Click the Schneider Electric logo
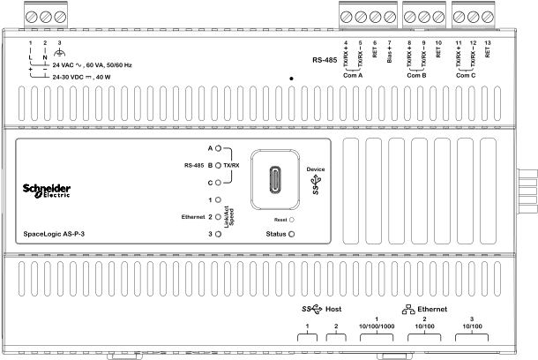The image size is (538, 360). click(x=47, y=191)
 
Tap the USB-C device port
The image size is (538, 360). click(x=275, y=179)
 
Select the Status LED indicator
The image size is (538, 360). click(x=291, y=234)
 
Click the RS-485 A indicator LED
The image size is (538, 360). click(x=218, y=148)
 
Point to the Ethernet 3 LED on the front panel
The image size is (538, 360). click(x=218, y=234)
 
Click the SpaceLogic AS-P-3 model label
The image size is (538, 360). click(x=54, y=234)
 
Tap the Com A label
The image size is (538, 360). click(x=353, y=76)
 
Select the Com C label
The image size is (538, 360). click(x=466, y=76)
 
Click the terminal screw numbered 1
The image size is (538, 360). click(x=31, y=17)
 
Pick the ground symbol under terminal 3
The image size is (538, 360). click(x=60, y=53)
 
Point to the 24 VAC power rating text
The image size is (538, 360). click(x=92, y=65)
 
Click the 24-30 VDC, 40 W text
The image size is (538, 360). click(x=81, y=78)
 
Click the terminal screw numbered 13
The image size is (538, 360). click(x=488, y=17)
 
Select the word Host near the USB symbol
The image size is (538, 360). click(x=333, y=309)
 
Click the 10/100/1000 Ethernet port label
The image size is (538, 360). click(x=377, y=326)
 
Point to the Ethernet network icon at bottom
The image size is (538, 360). click(x=408, y=310)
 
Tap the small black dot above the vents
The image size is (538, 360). click(x=291, y=79)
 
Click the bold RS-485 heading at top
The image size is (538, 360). click(x=325, y=60)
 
